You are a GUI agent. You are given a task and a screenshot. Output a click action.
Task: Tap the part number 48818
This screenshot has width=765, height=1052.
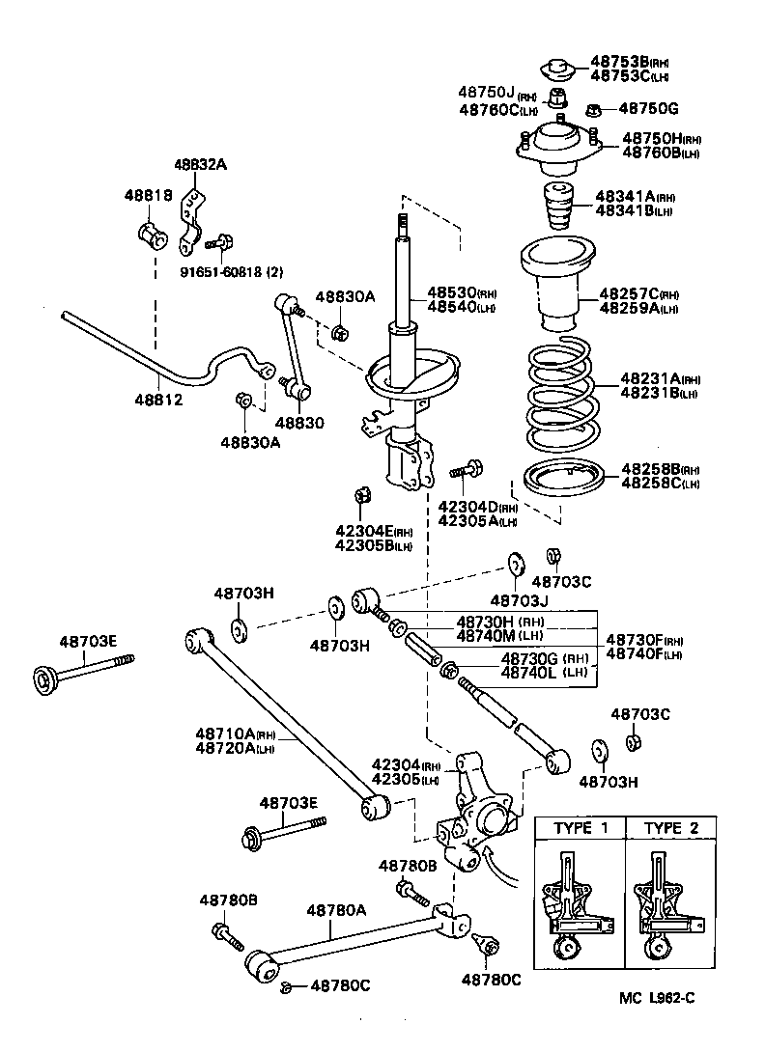coord(147,195)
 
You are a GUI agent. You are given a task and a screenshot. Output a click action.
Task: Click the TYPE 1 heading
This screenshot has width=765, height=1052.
coord(581,828)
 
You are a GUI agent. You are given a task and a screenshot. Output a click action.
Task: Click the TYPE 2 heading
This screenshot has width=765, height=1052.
coord(670,828)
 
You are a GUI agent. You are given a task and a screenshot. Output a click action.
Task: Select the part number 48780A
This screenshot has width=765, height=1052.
coord(336,909)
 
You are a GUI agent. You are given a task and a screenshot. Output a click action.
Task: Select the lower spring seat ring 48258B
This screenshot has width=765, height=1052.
coord(563,478)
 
